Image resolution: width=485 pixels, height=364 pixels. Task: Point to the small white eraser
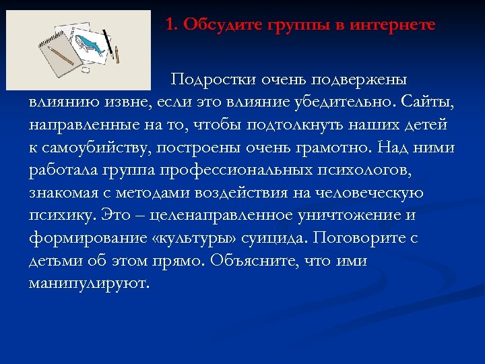(x=86, y=68)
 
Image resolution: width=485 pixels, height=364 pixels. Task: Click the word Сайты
(x=428, y=102)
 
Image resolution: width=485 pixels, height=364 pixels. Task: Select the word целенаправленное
(x=214, y=215)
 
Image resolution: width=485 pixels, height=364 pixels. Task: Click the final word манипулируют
(x=88, y=283)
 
